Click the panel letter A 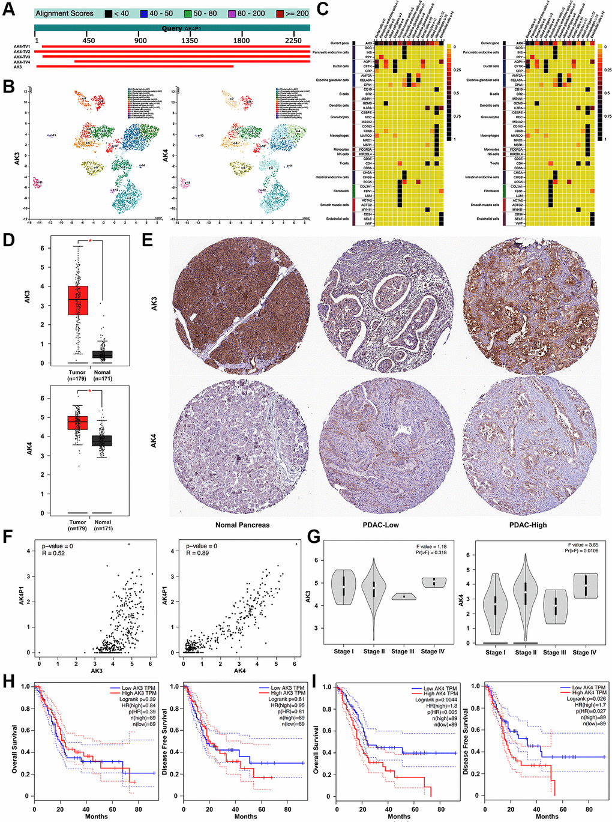pos(8,10)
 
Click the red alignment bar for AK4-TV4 pos(192,62)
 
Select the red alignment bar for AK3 pos(135,67)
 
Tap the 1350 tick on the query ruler pos(190,41)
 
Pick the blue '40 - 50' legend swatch pos(144,13)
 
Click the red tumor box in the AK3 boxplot pos(77,300)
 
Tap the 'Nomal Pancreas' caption pos(242,525)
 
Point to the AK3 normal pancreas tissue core pos(242,306)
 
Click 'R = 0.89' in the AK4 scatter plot pos(197,553)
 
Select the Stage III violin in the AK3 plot pos(404,596)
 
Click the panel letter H pos(8,681)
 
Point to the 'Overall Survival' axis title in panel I pos(316,740)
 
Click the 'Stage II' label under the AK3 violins pos(374,651)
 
